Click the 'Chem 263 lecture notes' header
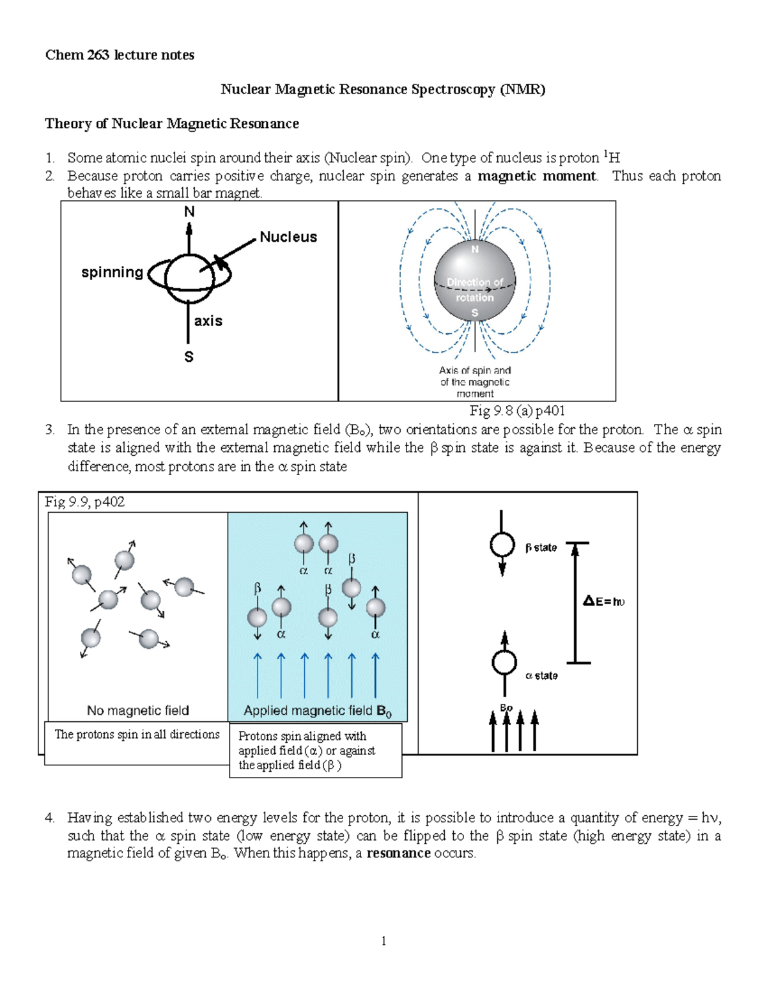pos(120,55)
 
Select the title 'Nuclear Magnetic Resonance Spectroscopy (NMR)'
pos(383,90)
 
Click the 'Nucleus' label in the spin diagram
pos(288,237)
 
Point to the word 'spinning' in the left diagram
pos(112,272)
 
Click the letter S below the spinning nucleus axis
pos(189,357)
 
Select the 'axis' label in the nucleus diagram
pos(208,321)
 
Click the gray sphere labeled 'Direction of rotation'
pos(474,281)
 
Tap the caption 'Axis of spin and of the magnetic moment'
pos(474,382)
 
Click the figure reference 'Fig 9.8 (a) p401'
pos(517,410)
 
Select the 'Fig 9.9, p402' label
pos(84,502)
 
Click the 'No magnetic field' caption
pos(138,710)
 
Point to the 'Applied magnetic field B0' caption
pos(317,711)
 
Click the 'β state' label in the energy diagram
pos(541,548)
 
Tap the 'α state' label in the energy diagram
pos(541,676)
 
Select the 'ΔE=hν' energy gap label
pos(603,601)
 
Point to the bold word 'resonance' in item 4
pos(398,854)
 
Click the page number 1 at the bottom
pos(383,941)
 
